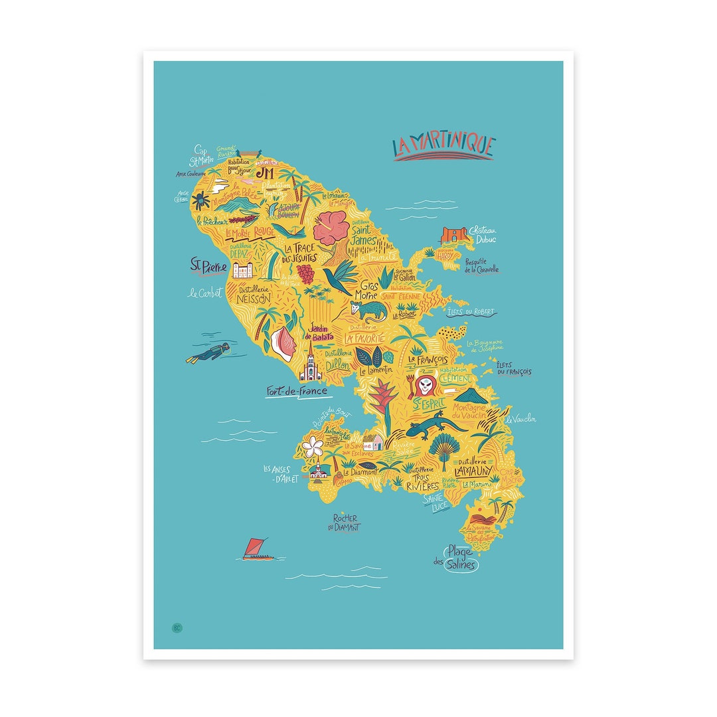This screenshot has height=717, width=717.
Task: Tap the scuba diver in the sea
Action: pyautogui.click(x=211, y=353)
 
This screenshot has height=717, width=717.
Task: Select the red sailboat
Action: pyautogui.click(x=256, y=549)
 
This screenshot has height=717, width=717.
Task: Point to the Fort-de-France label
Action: pyautogui.click(x=297, y=392)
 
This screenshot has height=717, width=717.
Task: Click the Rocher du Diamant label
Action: pyautogui.click(x=345, y=522)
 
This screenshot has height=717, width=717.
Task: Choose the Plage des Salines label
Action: pyautogui.click(x=458, y=558)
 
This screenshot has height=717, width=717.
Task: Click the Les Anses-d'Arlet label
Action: pyautogui.click(x=280, y=473)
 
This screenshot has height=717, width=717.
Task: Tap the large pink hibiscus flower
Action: pyautogui.click(x=331, y=228)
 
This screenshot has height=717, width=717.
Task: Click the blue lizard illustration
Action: pyautogui.click(x=428, y=427)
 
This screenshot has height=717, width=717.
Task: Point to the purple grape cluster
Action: pyautogui.click(x=305, y=273)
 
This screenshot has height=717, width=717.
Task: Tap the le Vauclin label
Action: pyautogui.click(x=520, y=419)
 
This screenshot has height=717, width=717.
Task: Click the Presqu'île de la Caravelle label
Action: pyautogui.click(x=481, y=266)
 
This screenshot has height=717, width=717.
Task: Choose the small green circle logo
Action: pyautogui.click(x=177, y=627)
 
